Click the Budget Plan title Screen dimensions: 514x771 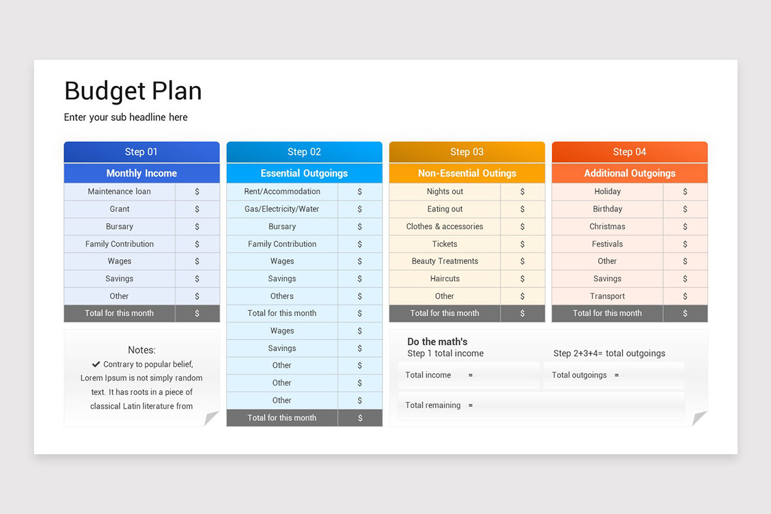(133, 91)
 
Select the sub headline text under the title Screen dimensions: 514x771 (126, 118)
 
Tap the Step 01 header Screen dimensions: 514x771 (141, 152)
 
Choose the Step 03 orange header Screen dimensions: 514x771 (466, 152)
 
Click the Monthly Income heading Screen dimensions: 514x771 (141, 173)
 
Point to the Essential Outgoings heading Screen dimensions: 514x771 (304, 173)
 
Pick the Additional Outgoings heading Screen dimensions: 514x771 (630, 173)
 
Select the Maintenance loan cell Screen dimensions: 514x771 (120, 191)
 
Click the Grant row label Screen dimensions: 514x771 (120, 209)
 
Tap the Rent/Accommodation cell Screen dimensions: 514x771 (282, 191)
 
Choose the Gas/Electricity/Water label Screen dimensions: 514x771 (282, 209)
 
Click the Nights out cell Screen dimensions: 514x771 (445, 191)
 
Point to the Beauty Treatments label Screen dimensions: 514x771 (445, 261)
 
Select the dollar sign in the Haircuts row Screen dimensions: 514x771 (522, 279)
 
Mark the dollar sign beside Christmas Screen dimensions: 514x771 (685, 227)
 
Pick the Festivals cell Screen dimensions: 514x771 (607, 244)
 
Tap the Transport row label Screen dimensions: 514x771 (607, 296)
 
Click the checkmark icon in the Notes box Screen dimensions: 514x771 (96, 364)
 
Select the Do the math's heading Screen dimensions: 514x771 (438, 342)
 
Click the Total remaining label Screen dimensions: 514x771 (433, 405)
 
